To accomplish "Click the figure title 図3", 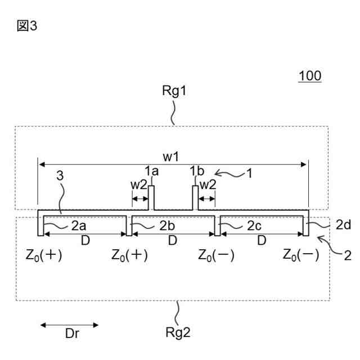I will tap(28, 26).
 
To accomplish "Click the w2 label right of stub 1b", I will tap(208, 185).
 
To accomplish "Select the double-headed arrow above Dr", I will tap(69, 325).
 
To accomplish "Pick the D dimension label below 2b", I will tap(173, 240).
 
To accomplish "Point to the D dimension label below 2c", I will tap(261, 240).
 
